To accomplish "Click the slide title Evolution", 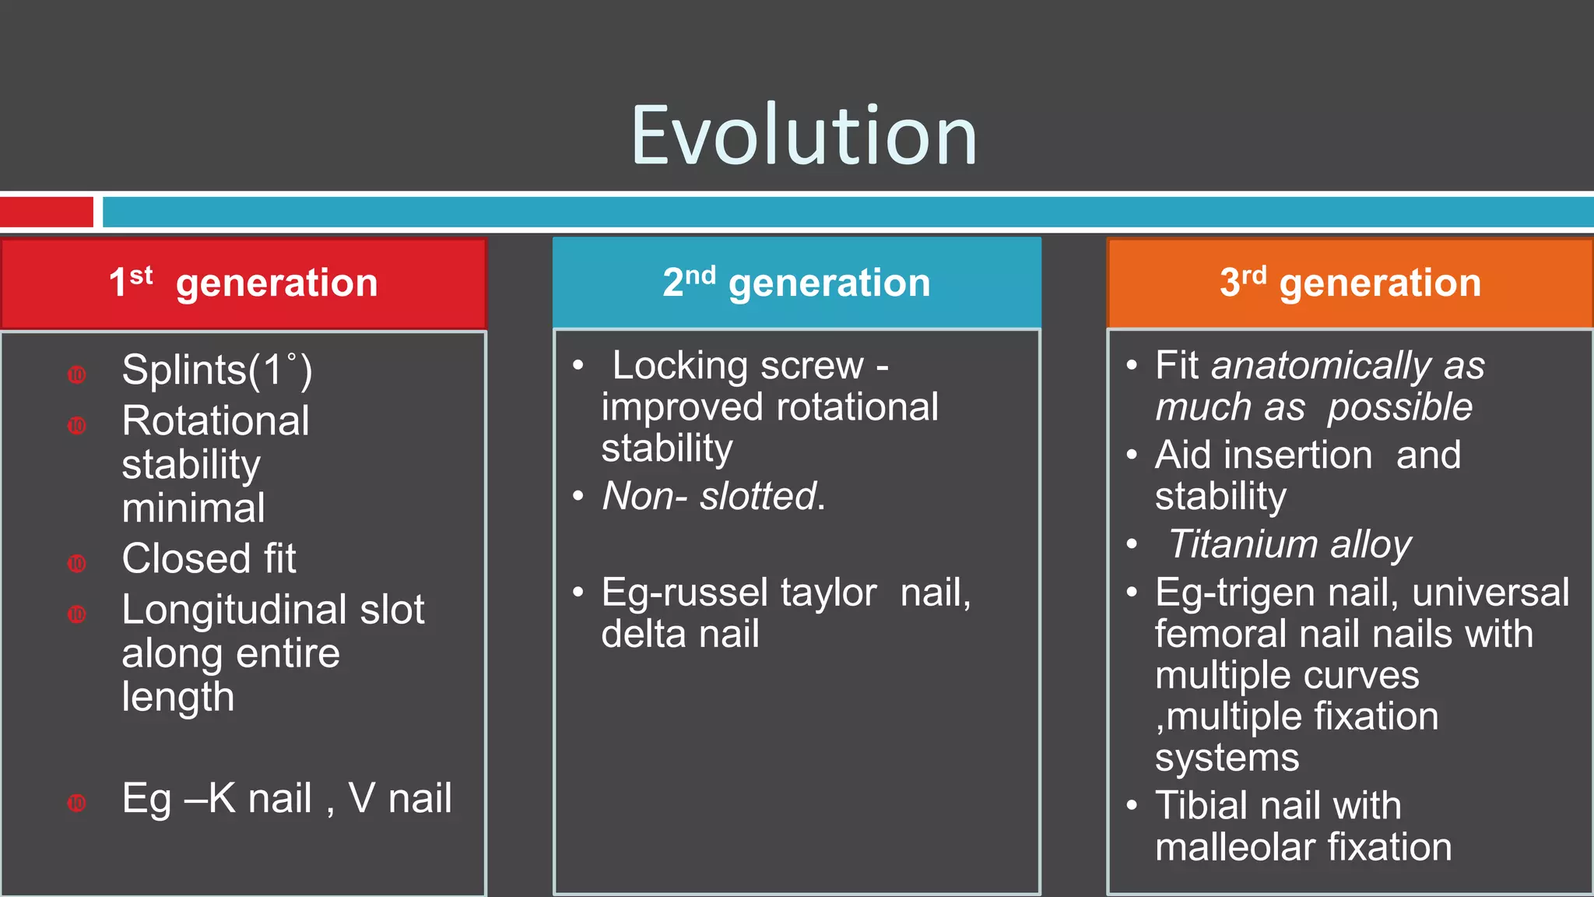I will [x=803, y=136].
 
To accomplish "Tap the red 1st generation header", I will [x=243, y=283].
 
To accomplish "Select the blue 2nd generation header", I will [x=796, y=283].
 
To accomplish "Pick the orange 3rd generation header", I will [x=1350, y=283].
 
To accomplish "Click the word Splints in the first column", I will [x=184, y=370].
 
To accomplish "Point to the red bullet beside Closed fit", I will [x=76, y=563].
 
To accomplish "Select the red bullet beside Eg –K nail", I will [x=76, y=803].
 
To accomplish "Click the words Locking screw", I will [x=738, y=366].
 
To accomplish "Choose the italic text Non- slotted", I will [x=713, y=496].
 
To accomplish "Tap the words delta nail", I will [x=679, y=634].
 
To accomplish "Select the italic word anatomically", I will [x=1321, y=366].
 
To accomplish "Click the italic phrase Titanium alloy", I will [x=1290, y=544].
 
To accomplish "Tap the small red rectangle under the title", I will [x=47, y=212].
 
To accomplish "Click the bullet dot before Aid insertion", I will [x=1132, y=456].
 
